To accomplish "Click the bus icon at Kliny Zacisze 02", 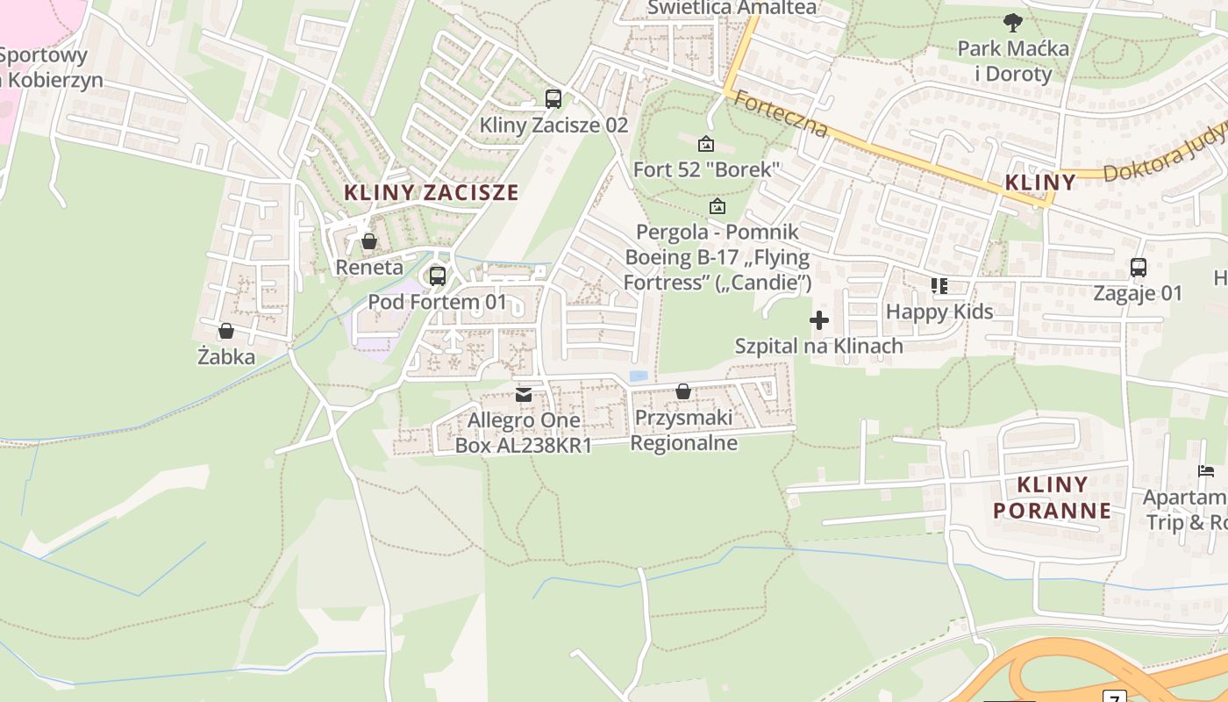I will coord(553,99).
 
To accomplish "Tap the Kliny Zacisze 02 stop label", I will coord(553,125).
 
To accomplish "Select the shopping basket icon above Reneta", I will coord(369,241).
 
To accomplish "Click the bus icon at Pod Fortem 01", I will coord(437,276).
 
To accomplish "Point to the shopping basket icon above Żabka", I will coord(225,331).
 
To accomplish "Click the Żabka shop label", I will coord(226,357).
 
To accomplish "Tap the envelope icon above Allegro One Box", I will coord(524,394).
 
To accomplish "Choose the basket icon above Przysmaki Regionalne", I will coord(683,391).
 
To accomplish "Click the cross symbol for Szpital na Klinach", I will coord(819,320).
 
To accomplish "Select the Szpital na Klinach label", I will coord(818,346).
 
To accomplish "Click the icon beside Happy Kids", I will coord(939,286).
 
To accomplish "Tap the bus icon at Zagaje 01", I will coord(1138,268).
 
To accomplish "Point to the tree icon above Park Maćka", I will coord(1013,22).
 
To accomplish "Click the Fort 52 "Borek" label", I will coord(706,169).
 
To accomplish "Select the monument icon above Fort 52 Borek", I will coord(706,144).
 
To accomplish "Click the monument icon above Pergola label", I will coord(718,207).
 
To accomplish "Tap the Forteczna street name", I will coord(781,114).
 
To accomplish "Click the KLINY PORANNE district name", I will coord(1052,498).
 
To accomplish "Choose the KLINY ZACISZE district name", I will coord(431,193).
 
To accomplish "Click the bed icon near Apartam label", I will coord(1207,472).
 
